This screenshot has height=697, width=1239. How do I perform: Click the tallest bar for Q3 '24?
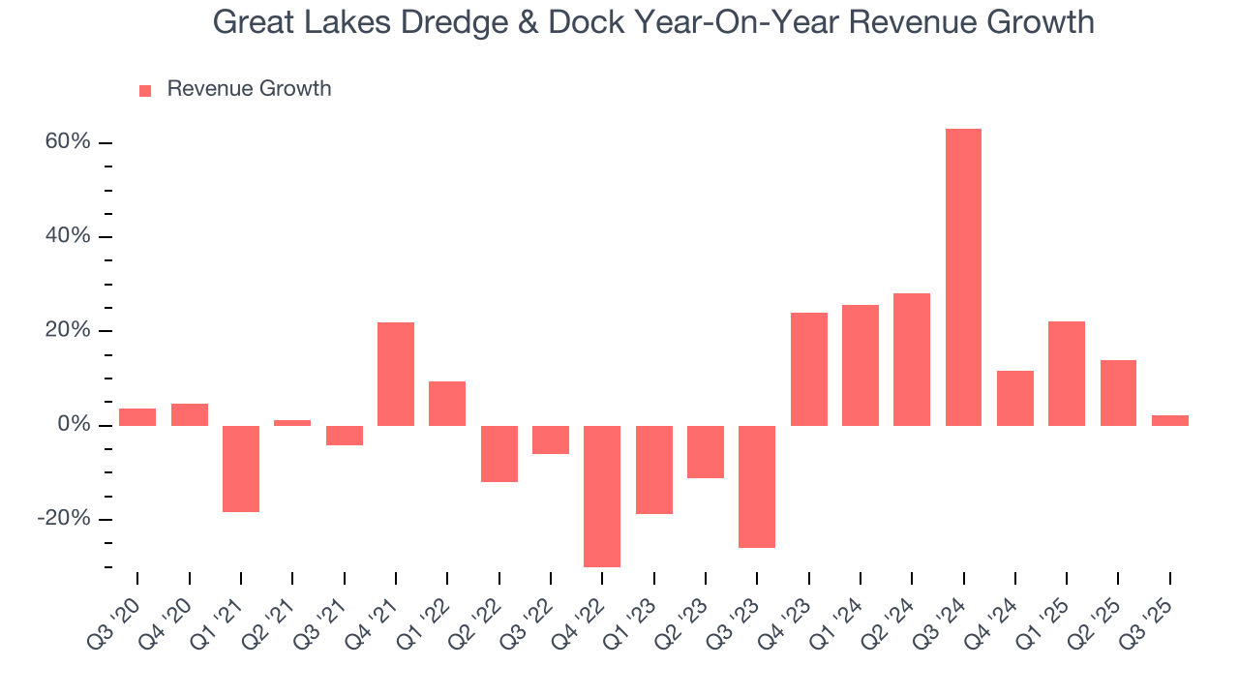963,277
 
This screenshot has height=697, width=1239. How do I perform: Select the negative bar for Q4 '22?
602,496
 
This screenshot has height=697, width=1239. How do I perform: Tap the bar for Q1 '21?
241,469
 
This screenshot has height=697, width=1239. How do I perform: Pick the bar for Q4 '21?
396,374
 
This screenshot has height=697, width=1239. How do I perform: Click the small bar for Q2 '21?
292,422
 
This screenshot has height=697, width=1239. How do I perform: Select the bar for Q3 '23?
757,486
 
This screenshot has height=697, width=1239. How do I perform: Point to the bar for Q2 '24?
912,359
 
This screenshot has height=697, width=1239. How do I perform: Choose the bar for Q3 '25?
1169,420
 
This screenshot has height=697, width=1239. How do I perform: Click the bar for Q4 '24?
1014,398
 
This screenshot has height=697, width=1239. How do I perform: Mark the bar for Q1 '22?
447,403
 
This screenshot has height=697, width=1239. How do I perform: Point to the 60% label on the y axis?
68,142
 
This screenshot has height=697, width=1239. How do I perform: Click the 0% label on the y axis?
74,425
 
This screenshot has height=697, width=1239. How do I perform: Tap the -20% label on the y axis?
64,519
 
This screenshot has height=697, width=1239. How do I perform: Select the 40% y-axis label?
68,236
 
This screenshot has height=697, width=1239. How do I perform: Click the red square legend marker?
145,90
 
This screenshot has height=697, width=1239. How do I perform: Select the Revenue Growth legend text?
249,89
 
